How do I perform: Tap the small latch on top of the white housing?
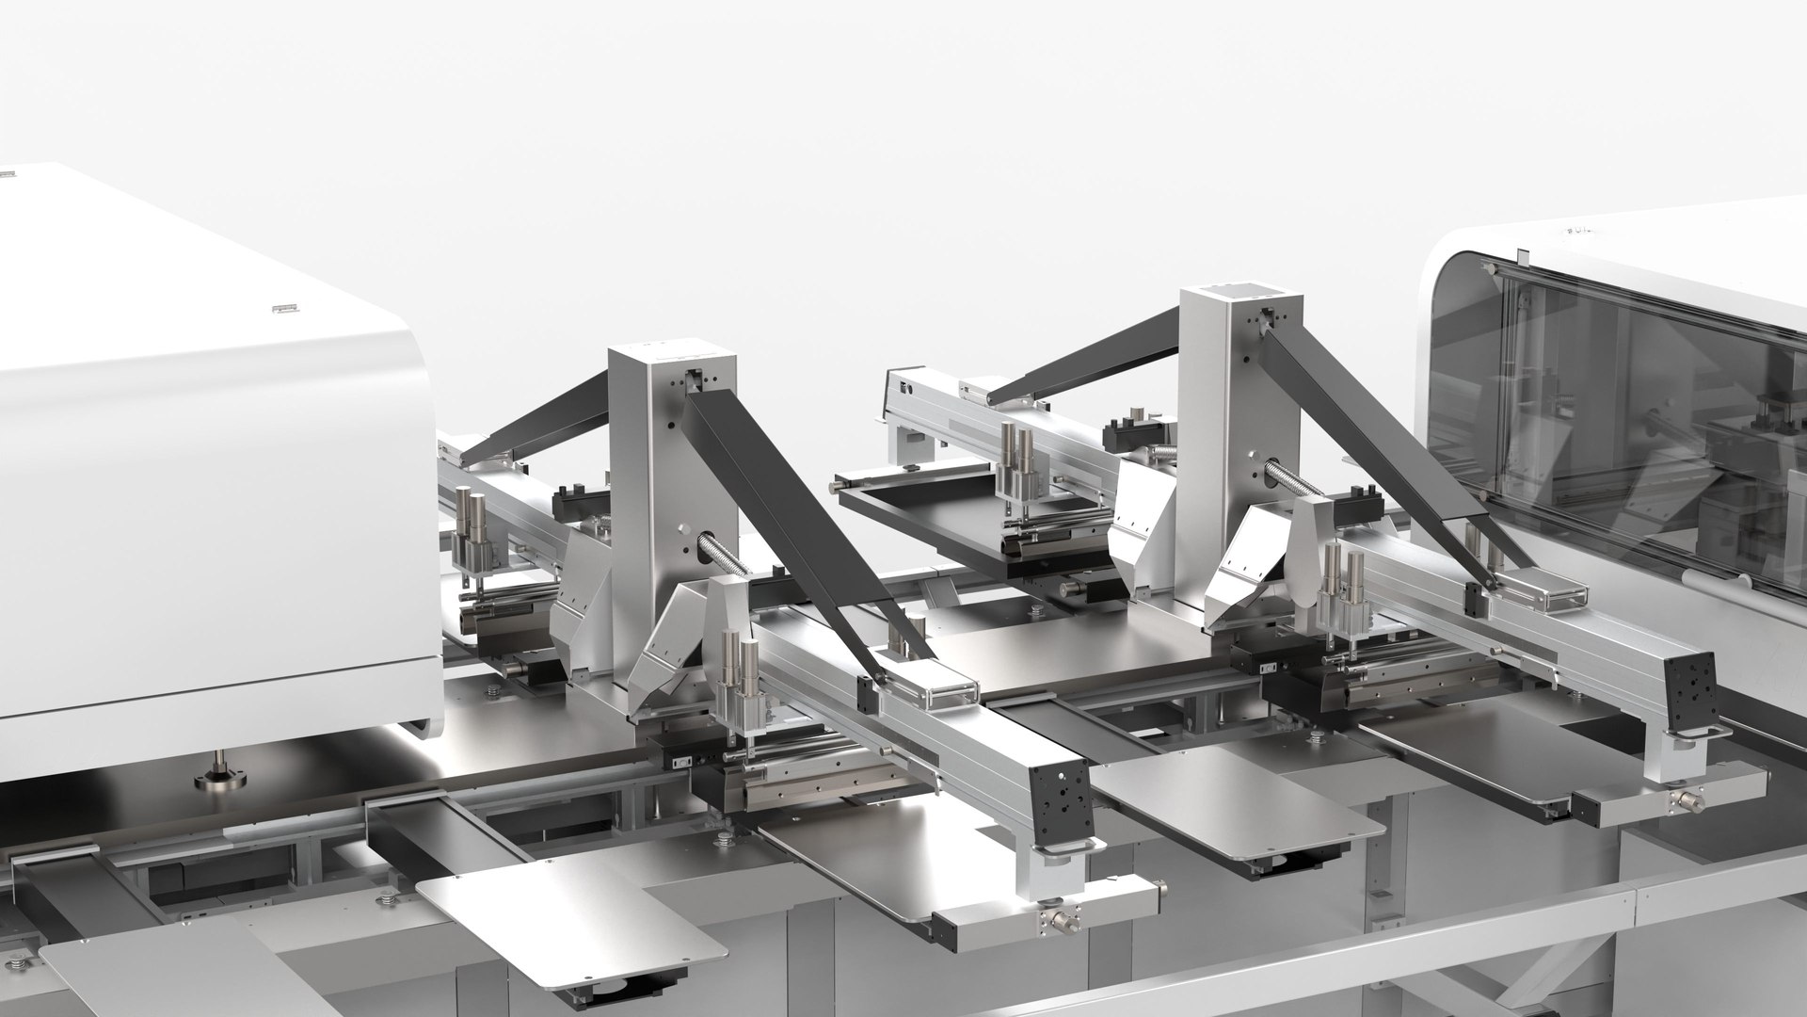(x=281, y=308)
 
